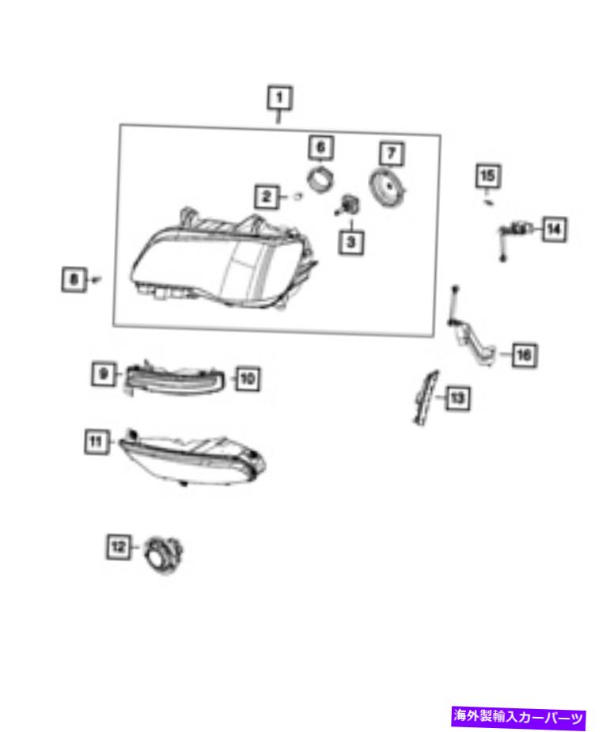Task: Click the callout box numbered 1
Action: pyautogui.click(x=279, y=98)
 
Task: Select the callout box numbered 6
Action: pyautogui.click(x=321, y=147)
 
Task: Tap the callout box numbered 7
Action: pyautogui.click(x=392, y=153)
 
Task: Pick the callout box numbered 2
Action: pyautogui.click(x=267, y=196)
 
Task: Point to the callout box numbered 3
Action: pyautogui.click(x=351, y=242)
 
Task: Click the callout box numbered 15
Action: pyautogui.click(x=487, y=176)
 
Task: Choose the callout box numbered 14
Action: pyautogui.click(x=554, y=229)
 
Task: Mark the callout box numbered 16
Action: pyautogui.click(x=524, y=355)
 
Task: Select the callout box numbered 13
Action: pyautogui.click(x=457, y=398)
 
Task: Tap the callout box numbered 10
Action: pyautogui.click(x=248, y=378)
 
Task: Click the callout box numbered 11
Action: pyautogui.click(x=97, y=442)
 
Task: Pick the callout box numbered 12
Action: pyautogui.click(x=118, y=546)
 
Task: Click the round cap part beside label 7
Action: pyautogui.click(x=388, y=188)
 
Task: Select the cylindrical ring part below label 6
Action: pyautogui.click(x=320, y=179)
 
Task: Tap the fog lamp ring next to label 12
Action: pyautogui.click(x=163, y=555)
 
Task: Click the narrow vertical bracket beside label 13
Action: pyautogui.click(x=426, y=398)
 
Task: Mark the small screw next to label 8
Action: pyautogui.click(x=96, y=279)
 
